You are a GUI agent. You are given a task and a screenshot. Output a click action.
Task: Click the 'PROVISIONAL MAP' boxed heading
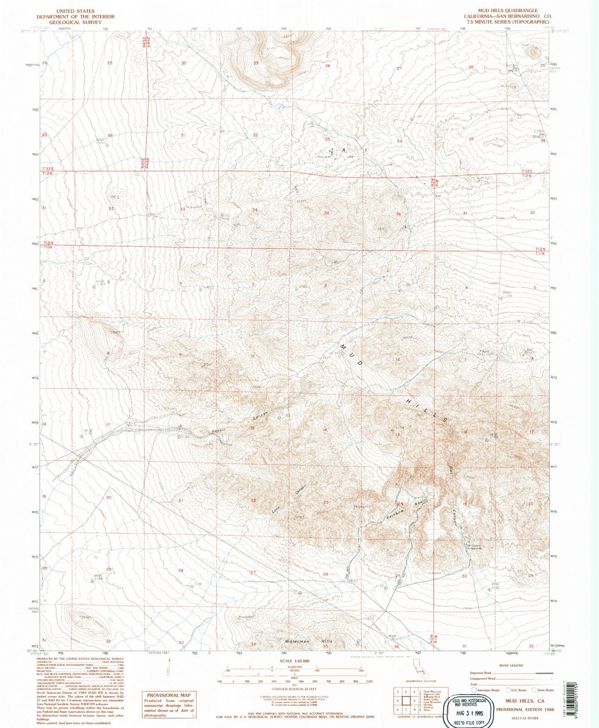(x=169, y=695)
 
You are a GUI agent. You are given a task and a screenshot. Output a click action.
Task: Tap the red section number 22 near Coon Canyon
(x=253, y=500)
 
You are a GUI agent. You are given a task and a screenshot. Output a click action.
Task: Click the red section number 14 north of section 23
(x=325, y=430)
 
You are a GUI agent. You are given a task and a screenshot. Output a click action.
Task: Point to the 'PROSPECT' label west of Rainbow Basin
(x=361, y=507)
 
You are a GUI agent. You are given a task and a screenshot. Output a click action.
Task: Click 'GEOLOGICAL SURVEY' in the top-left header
(x=75, y=22)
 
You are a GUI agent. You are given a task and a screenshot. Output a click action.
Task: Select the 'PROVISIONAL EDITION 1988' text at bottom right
(x=525, y=709)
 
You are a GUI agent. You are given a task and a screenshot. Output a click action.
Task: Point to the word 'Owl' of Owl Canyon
(x=451, y=469)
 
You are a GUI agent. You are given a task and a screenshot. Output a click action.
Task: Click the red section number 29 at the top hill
(x=256, y=63)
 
